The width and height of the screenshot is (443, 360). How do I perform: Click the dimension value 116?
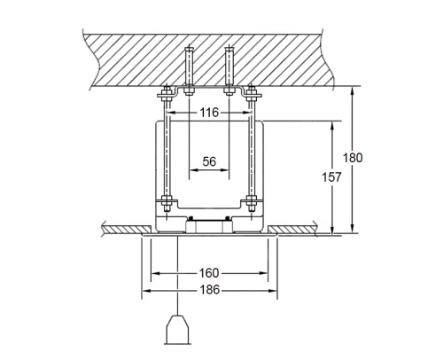click(209, 113)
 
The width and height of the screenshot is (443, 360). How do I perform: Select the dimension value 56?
click(209, 161)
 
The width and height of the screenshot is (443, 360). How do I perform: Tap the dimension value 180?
click(353, 158)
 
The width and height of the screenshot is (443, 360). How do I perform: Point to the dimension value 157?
click(331, 177)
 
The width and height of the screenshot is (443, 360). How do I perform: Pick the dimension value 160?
click(209, 273)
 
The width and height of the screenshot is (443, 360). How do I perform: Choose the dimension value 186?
click(210, 290)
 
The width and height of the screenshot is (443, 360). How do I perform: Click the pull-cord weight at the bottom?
click(177, 330)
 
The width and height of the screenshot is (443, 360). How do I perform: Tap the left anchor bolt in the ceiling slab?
click(189, 70)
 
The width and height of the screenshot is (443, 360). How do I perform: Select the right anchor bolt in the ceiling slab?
click(229, 70)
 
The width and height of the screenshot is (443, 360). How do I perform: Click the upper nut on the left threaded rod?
click(167, 91)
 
